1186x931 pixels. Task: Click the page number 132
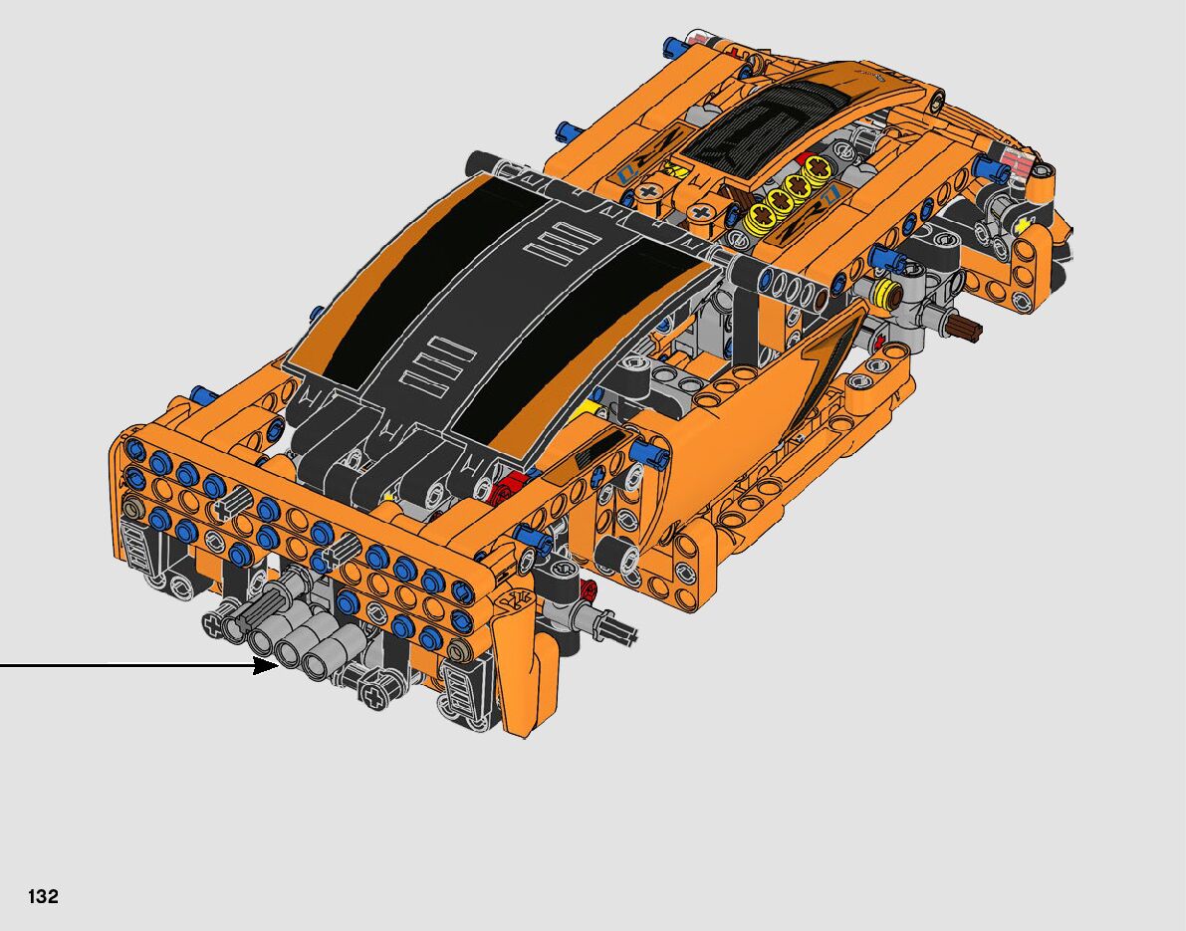[43, 896]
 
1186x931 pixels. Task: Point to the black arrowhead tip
[278, 665]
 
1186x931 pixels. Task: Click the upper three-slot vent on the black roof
[565, 243]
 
